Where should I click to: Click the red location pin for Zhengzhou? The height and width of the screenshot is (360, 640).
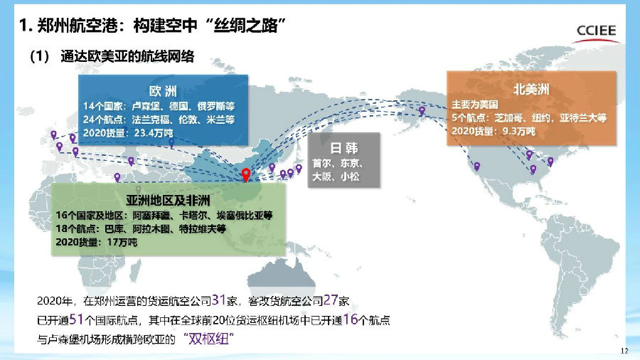[x=246, y=174]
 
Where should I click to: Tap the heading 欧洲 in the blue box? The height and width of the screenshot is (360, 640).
[x=163, y=92]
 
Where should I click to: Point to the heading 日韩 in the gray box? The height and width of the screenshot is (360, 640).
[x=343, y=149]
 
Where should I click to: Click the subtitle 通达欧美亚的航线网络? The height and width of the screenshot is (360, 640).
[x=128, y=57]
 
